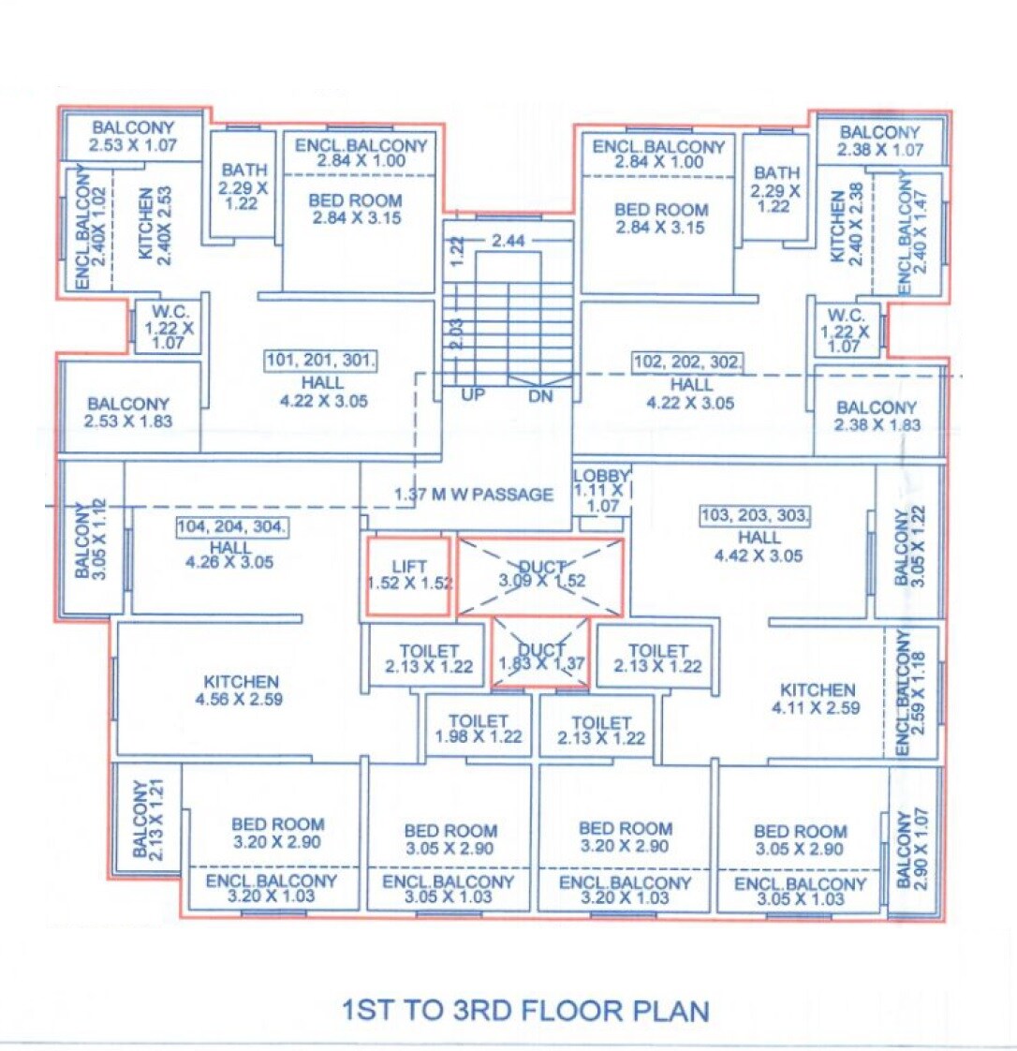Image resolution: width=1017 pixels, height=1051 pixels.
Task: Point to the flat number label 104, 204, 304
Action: (231, 526)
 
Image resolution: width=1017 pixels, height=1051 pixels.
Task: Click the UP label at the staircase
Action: (473, 395)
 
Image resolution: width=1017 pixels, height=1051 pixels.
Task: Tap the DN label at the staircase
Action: (540, 396)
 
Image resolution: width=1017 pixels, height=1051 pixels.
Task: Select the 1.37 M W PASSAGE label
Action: (474, 495)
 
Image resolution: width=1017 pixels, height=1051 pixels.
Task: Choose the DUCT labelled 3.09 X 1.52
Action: (541, 574)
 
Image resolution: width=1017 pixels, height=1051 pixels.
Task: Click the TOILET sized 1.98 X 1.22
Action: (478, 729)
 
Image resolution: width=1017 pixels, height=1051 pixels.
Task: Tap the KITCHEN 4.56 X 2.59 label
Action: (242, 690)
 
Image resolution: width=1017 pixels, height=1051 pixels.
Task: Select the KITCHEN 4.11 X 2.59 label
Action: (818, 699)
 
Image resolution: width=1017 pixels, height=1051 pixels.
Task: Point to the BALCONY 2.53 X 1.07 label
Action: (132, 137)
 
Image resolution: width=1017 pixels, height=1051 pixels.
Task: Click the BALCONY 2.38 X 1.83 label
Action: (877, 416)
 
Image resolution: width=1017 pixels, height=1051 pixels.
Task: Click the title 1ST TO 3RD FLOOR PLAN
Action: (525, 1011)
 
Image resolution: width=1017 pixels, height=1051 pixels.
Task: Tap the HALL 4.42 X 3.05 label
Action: (759, 546)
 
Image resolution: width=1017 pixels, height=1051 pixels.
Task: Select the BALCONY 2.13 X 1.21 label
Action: (148, 818)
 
